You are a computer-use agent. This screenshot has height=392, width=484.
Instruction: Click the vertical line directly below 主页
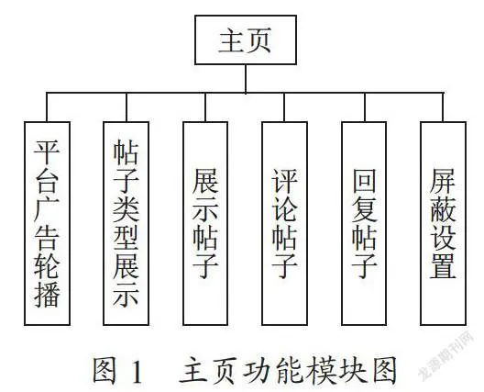(246, 79)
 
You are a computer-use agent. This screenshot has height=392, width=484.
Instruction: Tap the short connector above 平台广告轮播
(47, 107)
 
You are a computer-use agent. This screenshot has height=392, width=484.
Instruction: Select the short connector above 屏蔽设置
(444, 107)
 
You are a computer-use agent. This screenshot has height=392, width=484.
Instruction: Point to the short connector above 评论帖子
(284, 107)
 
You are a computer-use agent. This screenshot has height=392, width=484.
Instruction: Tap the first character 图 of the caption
(104, 371)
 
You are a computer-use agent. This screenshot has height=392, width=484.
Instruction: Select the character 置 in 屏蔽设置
(444, 266)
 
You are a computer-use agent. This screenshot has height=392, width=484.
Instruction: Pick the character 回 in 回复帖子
(364, 180)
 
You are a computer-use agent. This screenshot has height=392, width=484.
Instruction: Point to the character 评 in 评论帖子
(284, 180)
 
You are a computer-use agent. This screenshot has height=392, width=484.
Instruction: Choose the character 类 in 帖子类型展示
(126, 209)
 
